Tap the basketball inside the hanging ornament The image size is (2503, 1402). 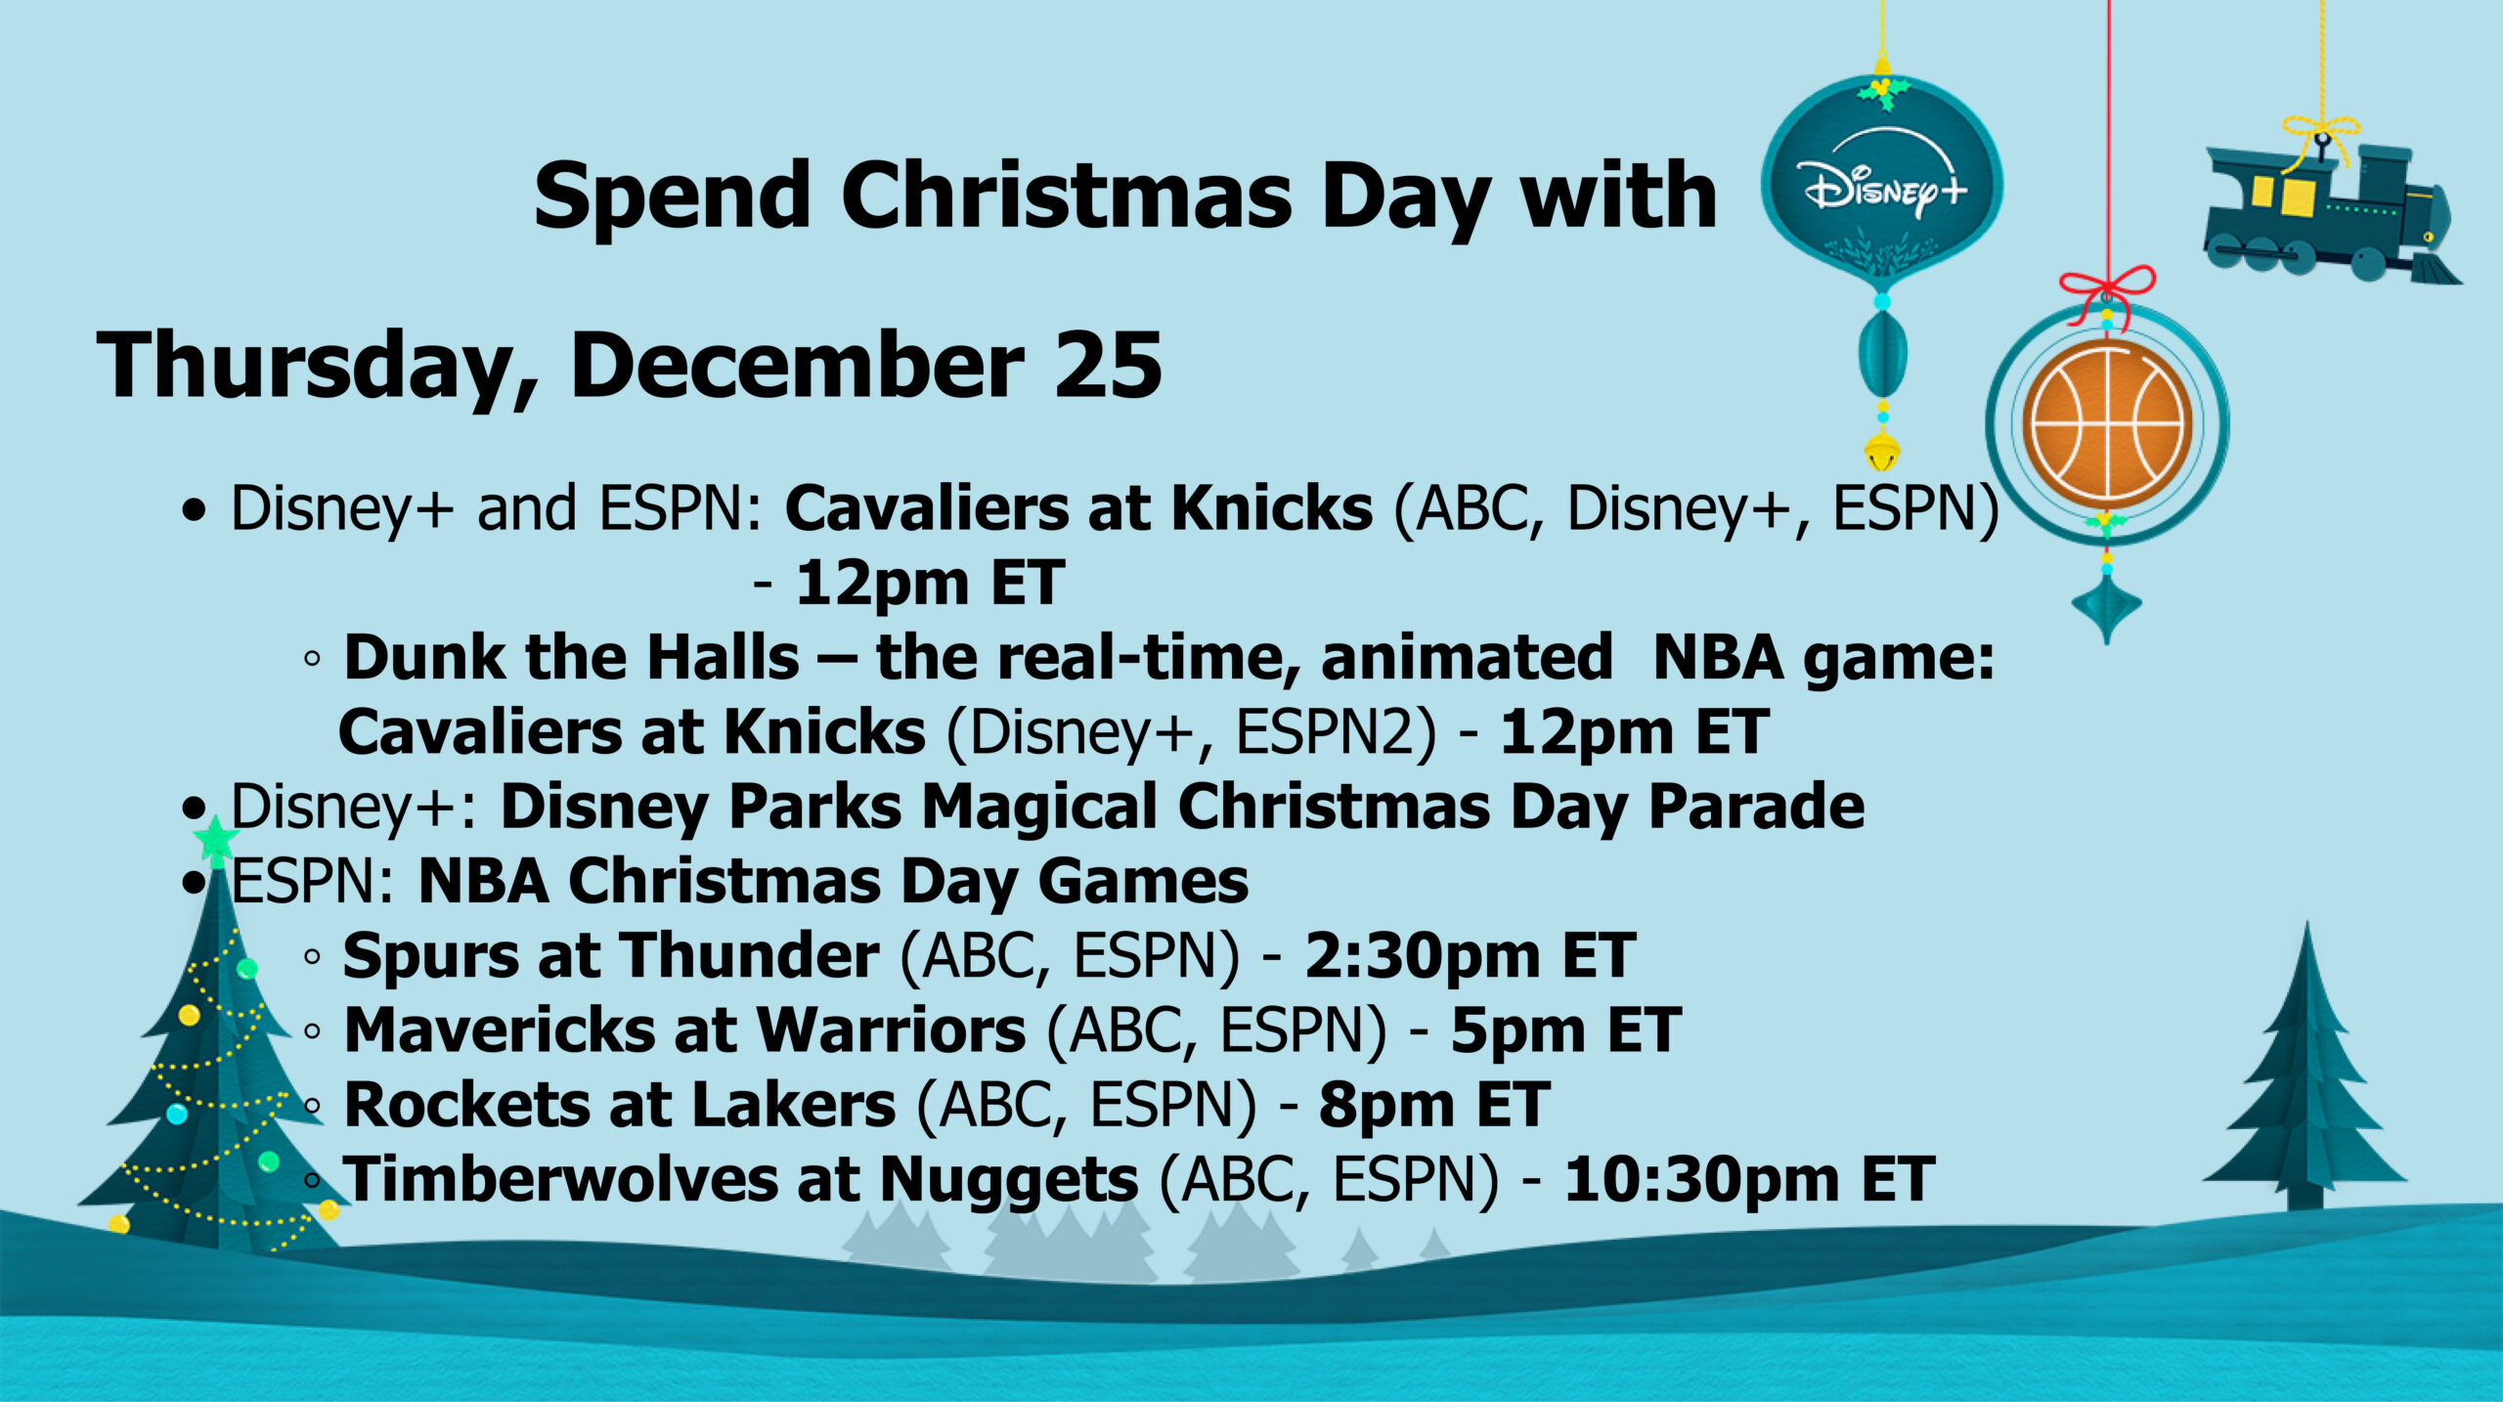2106,423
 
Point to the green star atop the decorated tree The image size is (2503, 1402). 216,839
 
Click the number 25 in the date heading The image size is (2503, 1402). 1108,366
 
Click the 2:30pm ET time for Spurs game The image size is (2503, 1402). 1470,955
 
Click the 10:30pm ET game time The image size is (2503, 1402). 1749,1179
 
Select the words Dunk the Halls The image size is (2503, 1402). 572,657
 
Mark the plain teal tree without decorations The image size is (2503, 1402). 2305,1075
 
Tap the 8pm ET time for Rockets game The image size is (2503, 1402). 1433,1105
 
